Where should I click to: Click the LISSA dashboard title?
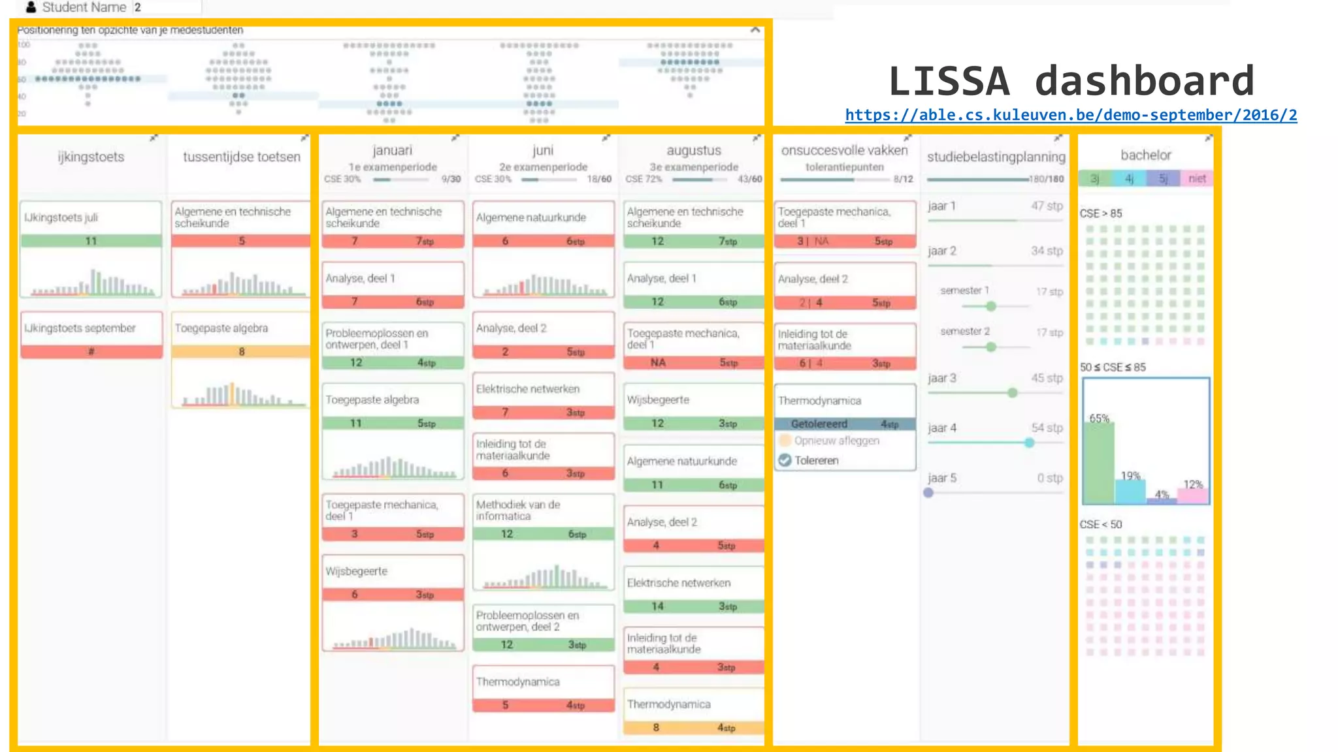click(1071, 81)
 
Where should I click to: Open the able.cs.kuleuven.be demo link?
click(1071, 116)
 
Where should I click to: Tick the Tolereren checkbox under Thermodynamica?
click(785, 460)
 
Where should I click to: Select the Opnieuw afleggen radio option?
click(785, 441)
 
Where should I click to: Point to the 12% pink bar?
click(1193, 496)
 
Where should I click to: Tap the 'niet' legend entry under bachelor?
click(1197, 178)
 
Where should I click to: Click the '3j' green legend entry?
click(1095, 178)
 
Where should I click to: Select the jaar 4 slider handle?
click(1030, 443)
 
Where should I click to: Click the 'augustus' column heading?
click(693, 151)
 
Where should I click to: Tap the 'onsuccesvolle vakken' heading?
click(844, 151)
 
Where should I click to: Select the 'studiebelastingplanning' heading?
click(996, 157)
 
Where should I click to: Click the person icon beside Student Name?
click(31, 7)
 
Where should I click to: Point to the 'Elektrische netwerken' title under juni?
click(527, 389)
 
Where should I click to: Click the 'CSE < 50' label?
click(1100, 524)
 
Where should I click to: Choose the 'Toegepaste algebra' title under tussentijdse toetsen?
click(221, 328)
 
